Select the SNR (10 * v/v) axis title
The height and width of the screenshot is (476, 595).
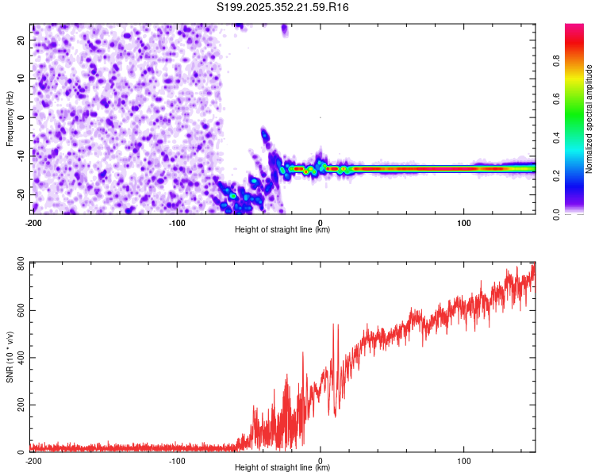tap(10, 358)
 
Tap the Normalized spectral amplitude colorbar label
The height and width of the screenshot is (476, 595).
tap(589, 119)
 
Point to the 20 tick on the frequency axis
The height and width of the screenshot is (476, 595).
tap(22, 39)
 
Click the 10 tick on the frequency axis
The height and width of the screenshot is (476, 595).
tap(22, 78)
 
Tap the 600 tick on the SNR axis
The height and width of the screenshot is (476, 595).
tap(19, 310)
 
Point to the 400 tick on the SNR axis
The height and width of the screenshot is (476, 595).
tap(19, 358)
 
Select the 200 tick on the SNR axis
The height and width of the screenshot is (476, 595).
tap(19, 405)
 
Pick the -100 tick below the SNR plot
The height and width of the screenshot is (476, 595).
tap(177, 461)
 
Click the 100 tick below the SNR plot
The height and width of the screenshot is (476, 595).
tap(463, 461)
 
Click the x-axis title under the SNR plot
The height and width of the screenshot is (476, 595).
tap(283, 469)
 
